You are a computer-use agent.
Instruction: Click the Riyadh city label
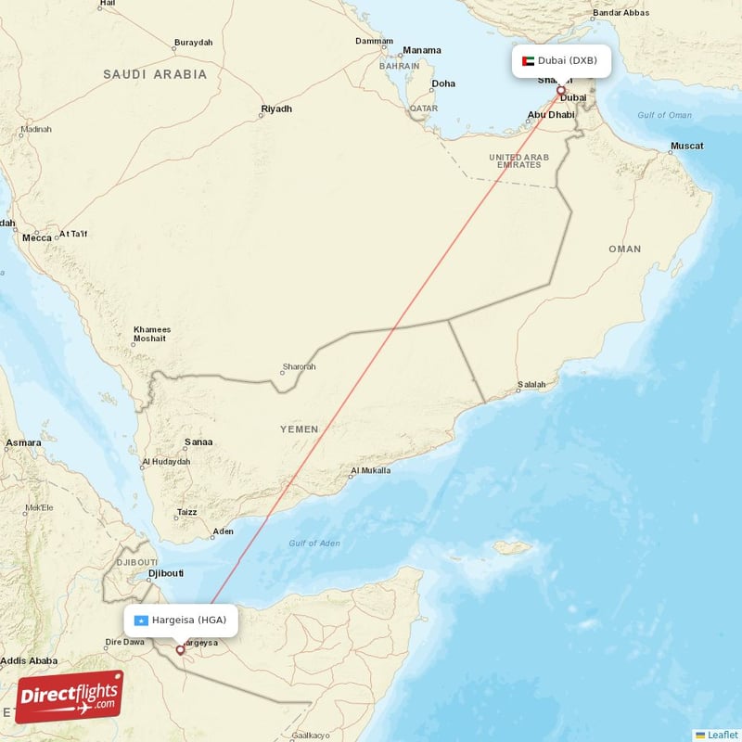(x=276, y=109)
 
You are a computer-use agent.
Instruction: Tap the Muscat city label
(x=687, y=146)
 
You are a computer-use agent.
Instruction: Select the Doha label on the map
(x=443, y=83)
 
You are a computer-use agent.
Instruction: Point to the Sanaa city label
(x=198, y=442)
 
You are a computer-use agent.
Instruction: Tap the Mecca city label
(x=37, y=237)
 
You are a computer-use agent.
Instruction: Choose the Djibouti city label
(x=166, y=573)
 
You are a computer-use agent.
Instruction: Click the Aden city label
(x=224, y=532)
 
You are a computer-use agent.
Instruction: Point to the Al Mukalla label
(x=370, y=470)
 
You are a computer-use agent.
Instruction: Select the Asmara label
(x=23, y=443)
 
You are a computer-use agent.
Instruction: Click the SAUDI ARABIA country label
(x=155, y=74)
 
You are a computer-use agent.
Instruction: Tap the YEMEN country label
(x=300, y=429)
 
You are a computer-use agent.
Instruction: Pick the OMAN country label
(x=624, y=249)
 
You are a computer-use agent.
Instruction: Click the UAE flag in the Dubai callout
(x=529, y=61)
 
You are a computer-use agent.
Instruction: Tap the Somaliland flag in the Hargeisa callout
(x=141, y=620)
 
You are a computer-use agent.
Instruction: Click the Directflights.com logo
(x=69, y=697)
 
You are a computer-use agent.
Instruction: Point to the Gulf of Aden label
(x=315, y=543)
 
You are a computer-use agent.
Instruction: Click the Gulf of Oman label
(x=664, y=115)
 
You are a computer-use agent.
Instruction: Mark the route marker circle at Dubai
(x=560, y=91)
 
